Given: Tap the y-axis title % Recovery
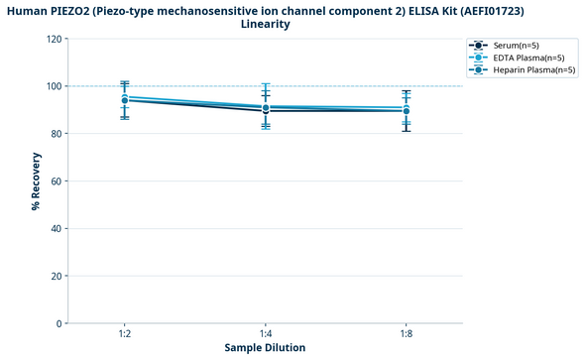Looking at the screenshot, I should (x=36, y=180).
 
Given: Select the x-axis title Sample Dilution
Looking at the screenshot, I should (x=265, y=348).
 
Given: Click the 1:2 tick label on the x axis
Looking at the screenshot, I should (x=124, y=333).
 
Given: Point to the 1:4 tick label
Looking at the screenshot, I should (x=266, y=333).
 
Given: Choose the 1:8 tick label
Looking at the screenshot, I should (x=407, y=333).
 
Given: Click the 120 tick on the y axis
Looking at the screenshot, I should (x=53, y=39).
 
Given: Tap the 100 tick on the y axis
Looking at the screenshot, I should (x=53, y=86).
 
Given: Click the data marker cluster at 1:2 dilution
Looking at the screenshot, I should (x=124, y=98).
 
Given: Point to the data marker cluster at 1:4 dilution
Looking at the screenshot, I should (x=266, y=108).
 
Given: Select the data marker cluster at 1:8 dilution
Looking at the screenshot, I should (x=407, y=109).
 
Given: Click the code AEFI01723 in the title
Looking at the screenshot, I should (x=489, y=10).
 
